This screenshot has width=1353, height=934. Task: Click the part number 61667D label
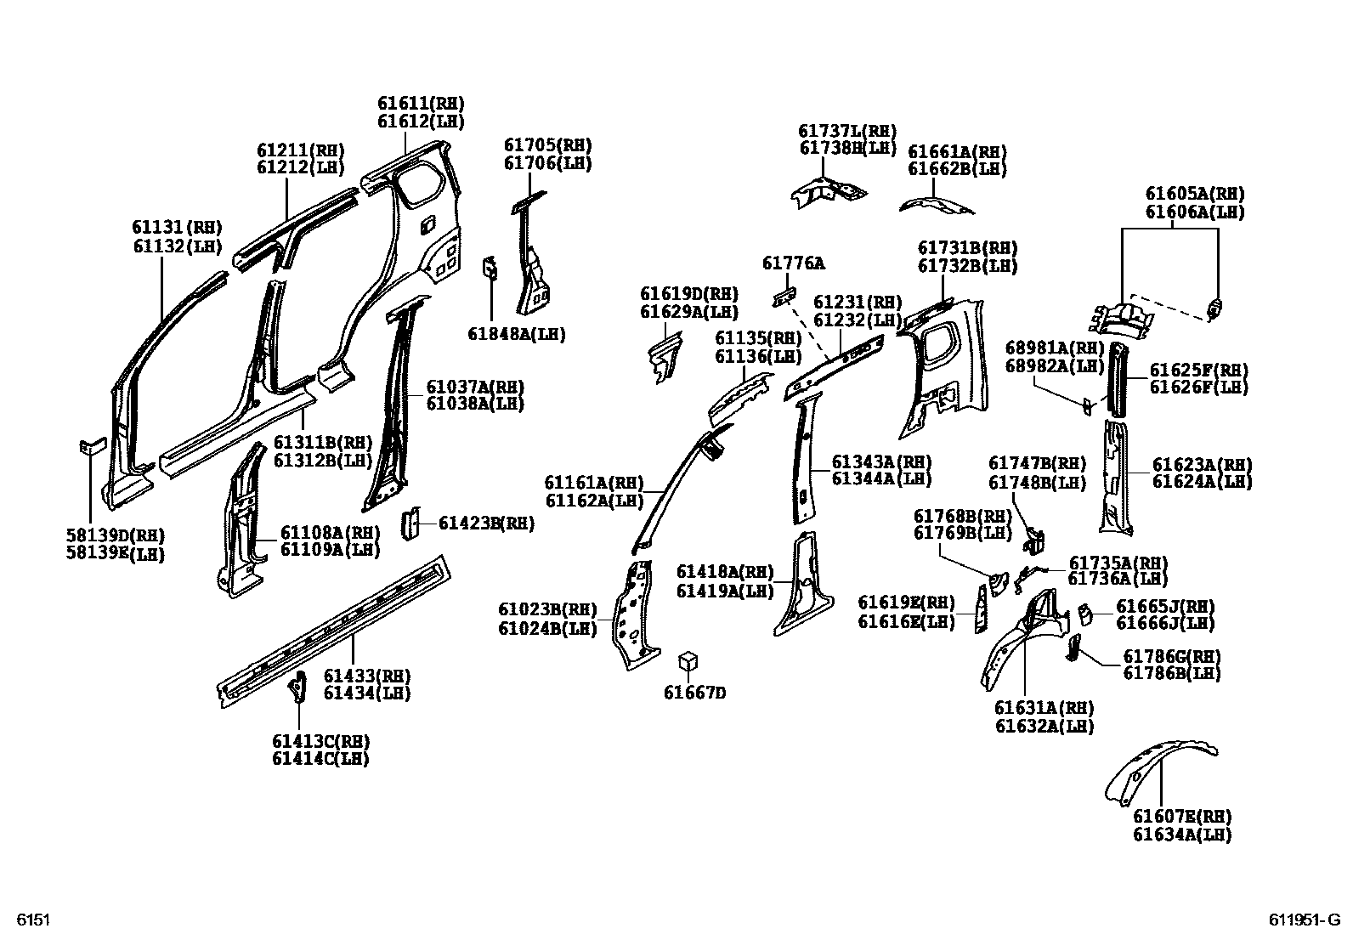tap(694, 693)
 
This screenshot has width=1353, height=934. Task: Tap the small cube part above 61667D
tap(688, 662)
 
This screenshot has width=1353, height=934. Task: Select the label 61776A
tap(793, 263)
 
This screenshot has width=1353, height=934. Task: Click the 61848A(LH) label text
tap(516, 334)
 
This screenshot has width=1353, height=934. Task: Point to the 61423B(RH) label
tap(486, 524)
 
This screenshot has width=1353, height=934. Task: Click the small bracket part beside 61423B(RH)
tap(410, 524)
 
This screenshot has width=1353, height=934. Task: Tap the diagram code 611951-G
tap(1305, 920)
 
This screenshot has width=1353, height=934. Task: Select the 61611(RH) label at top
tap(421, 103)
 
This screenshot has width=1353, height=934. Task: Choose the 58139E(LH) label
tap(116, 554)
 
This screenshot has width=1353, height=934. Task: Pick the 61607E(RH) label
tap(1181, 817)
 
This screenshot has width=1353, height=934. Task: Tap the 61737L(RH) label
tap(847, 130)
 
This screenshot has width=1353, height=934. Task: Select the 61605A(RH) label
tap(1194, 194)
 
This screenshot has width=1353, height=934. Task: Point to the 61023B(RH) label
tap(547, 609)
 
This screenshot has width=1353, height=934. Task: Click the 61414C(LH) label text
tap(320, 759)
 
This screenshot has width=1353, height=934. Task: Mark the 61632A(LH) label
tap(1044, 727)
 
